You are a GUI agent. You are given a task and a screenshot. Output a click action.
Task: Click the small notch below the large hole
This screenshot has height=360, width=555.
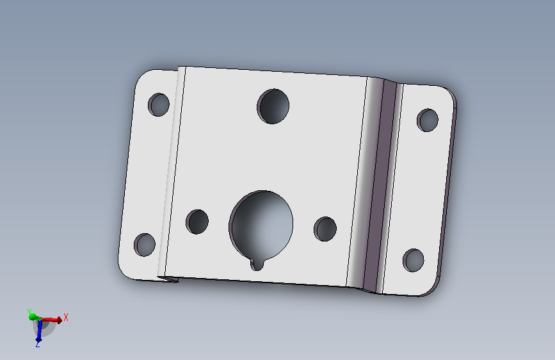[x=257, y=265]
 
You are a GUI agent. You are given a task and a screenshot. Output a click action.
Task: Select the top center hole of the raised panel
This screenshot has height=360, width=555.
[x=273, y=106]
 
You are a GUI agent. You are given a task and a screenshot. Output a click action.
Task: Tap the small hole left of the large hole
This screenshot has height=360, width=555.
[x=197, y=222]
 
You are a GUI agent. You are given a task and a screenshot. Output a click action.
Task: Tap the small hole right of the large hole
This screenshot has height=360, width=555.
[x=325, y=229]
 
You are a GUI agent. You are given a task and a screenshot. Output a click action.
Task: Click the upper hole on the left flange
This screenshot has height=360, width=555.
[x=159, y=104]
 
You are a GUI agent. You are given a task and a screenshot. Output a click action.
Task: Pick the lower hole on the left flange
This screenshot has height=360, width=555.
[x=145, y=245]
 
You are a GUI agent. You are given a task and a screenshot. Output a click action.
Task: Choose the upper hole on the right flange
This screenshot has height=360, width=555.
[x=428, y=120]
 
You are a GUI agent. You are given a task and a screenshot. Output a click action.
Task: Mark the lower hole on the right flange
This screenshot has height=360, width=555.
[x=413, y=261]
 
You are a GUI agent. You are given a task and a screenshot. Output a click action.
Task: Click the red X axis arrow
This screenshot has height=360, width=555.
[x=51, y=320]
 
